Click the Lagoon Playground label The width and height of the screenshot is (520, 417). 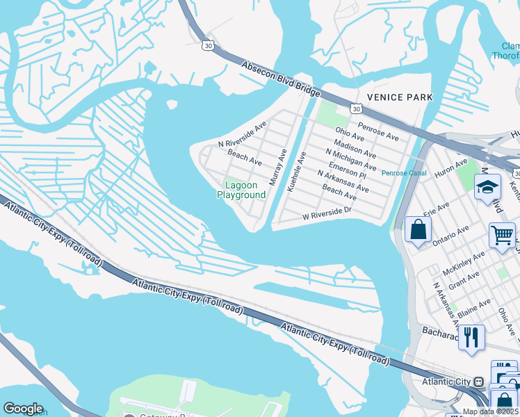tap(241, 190)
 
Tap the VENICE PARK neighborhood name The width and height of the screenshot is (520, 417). tap(399, 97)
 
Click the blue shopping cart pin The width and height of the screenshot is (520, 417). tap(502, 235)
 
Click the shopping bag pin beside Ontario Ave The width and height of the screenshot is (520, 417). tap(418, 230)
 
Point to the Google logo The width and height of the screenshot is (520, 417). tap(23, 409)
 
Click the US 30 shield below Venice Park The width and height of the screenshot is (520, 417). tap(356, 109)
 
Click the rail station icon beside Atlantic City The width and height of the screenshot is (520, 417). tap(478, 382)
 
